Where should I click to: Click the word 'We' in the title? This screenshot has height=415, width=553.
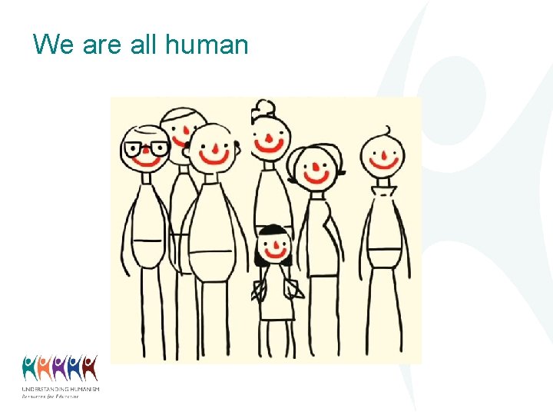[53, 45]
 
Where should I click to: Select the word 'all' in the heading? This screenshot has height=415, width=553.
[143, 45]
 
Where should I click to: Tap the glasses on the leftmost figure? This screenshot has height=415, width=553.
[146, 148]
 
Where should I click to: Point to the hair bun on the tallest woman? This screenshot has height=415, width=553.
[265, 107]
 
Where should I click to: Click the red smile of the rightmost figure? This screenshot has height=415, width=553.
[383, 163]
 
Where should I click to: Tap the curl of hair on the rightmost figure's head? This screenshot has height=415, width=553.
[388, 129]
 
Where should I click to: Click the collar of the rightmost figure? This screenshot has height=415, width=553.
[382, 190]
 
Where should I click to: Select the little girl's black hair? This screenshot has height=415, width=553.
[273, 230]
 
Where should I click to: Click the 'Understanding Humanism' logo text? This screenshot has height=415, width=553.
[60, 390]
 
